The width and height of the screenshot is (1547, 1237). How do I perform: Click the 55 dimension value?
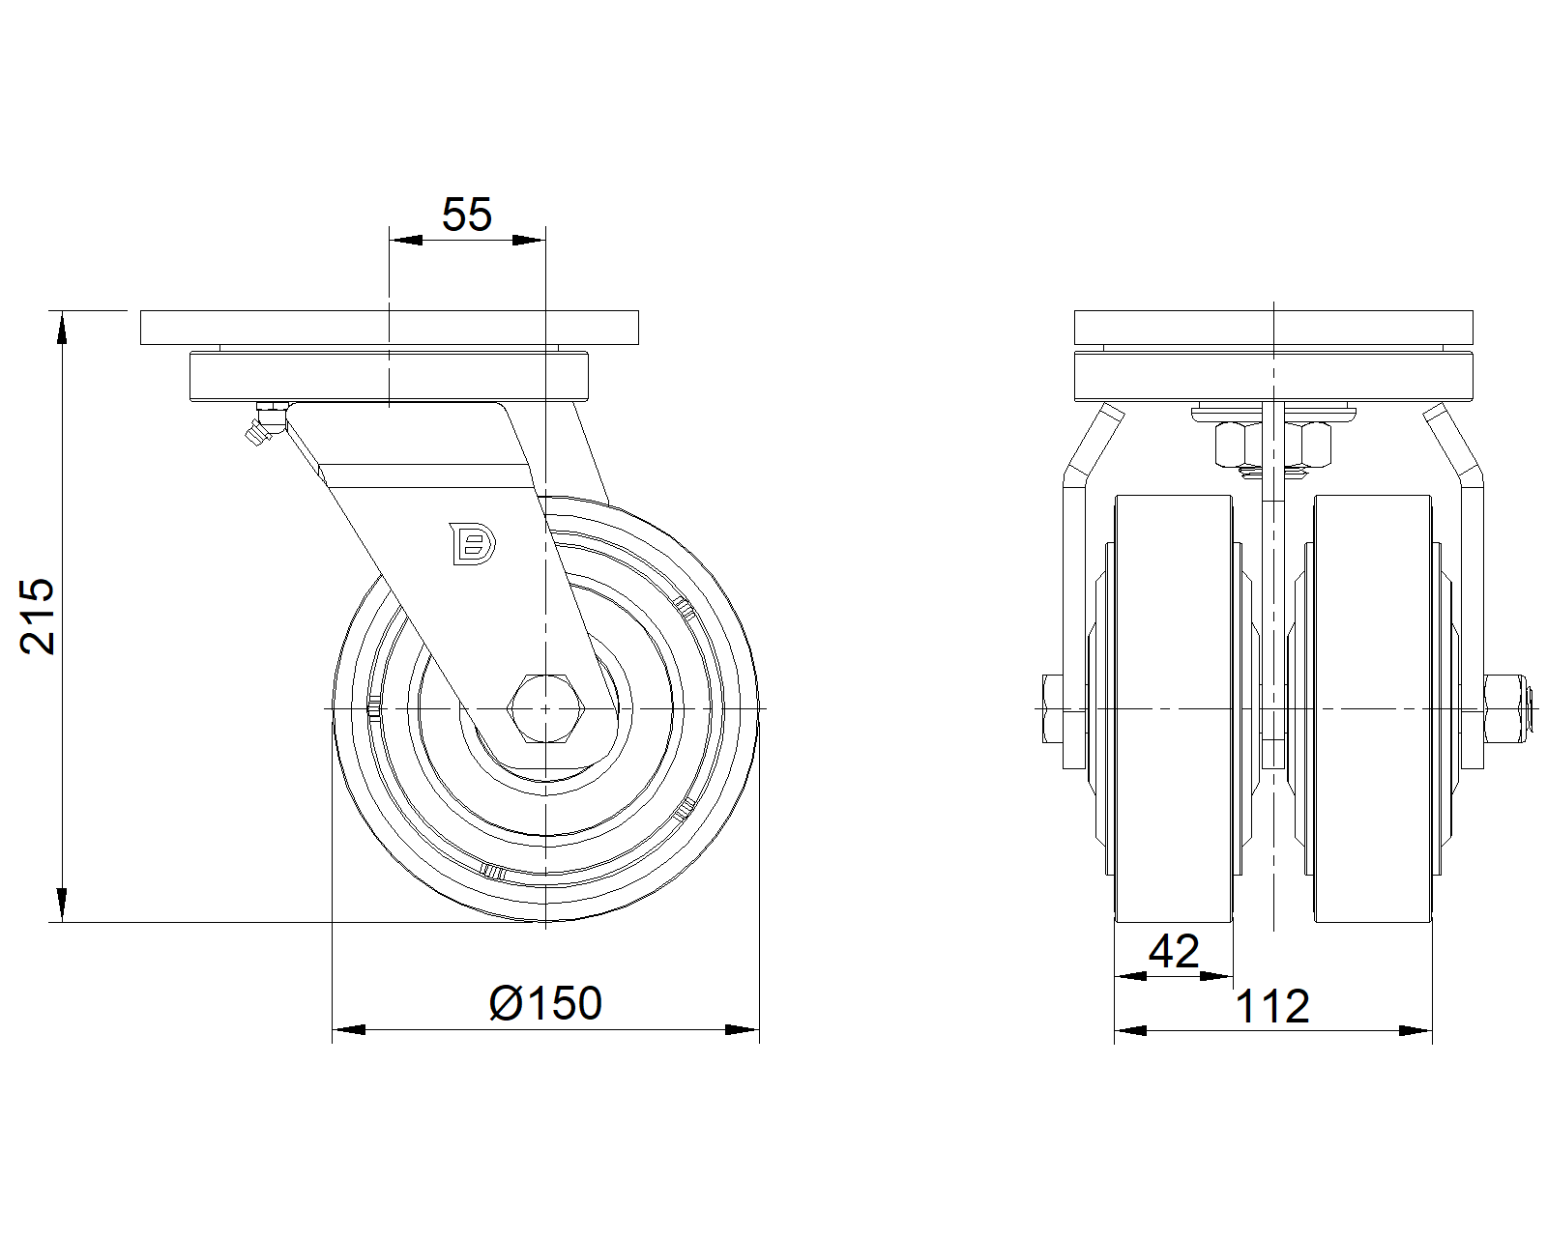coord(467,215)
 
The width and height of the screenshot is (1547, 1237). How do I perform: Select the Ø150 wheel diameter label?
coord(545,1003)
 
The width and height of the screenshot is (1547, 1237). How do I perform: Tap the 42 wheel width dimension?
coord(1174,952)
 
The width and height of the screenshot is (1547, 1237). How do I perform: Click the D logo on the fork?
coord(472,544)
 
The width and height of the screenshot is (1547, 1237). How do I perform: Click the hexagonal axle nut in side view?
coord(546,708)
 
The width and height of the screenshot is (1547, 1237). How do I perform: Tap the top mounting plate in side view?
coord(389,328)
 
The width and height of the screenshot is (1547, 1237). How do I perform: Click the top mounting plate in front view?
coord(1273,328)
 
